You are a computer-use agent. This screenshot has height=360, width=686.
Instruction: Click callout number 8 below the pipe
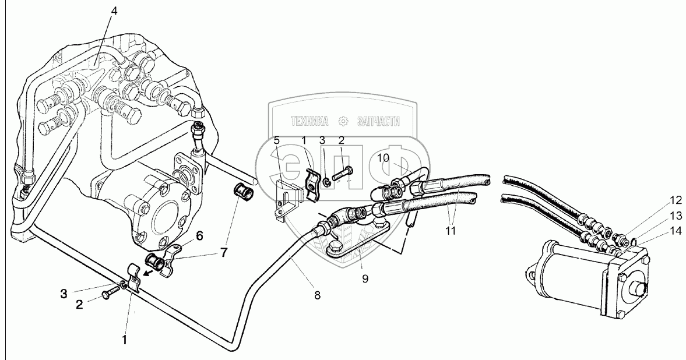coord(316,295)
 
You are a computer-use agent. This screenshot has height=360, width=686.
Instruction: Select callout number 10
coord(382,157)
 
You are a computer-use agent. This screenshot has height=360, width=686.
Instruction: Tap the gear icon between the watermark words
coord(344,121)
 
